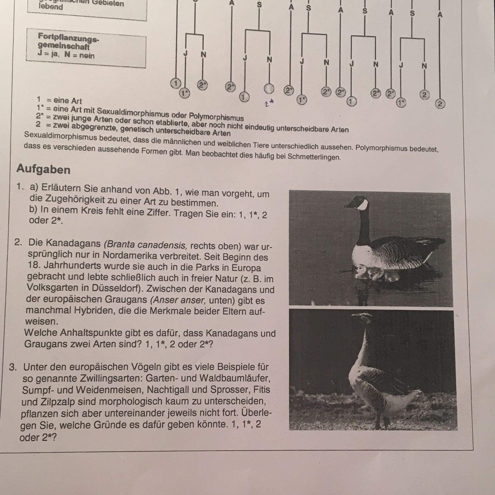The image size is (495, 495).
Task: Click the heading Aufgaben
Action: click(43, 169)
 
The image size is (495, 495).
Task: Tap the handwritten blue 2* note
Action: click(269, 104)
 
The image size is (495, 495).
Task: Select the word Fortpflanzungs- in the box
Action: click(68, 37)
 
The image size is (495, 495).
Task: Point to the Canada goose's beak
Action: click(349, 205)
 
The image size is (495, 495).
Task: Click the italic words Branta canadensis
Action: click(146, 244)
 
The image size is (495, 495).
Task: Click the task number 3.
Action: click(13, 367)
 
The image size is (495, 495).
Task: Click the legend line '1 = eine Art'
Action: click(59, 100)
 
